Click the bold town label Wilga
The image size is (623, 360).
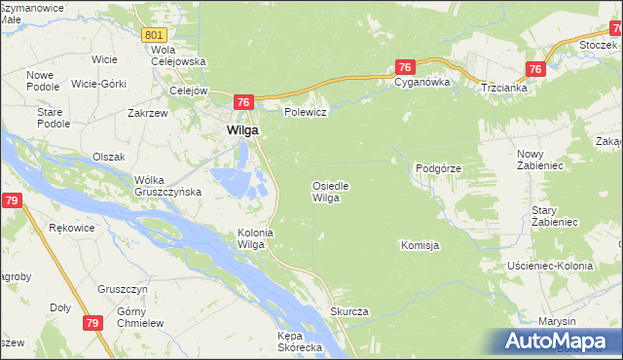point(242,129)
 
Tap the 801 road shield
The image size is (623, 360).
point(154,35)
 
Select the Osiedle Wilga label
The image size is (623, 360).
point(330,191)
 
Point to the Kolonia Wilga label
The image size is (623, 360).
point(252,238)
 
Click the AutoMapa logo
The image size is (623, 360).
point(558,341)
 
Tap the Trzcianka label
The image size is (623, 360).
point(504,88)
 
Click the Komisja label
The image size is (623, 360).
point(420,245)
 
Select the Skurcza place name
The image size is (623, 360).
point(348,311)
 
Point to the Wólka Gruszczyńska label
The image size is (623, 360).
point(167,185)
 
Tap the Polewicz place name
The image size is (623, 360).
point(304,112)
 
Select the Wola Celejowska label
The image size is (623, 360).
point(178,55)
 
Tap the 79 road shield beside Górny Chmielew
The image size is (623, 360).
point(93,323)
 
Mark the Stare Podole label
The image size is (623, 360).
point(53,118)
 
